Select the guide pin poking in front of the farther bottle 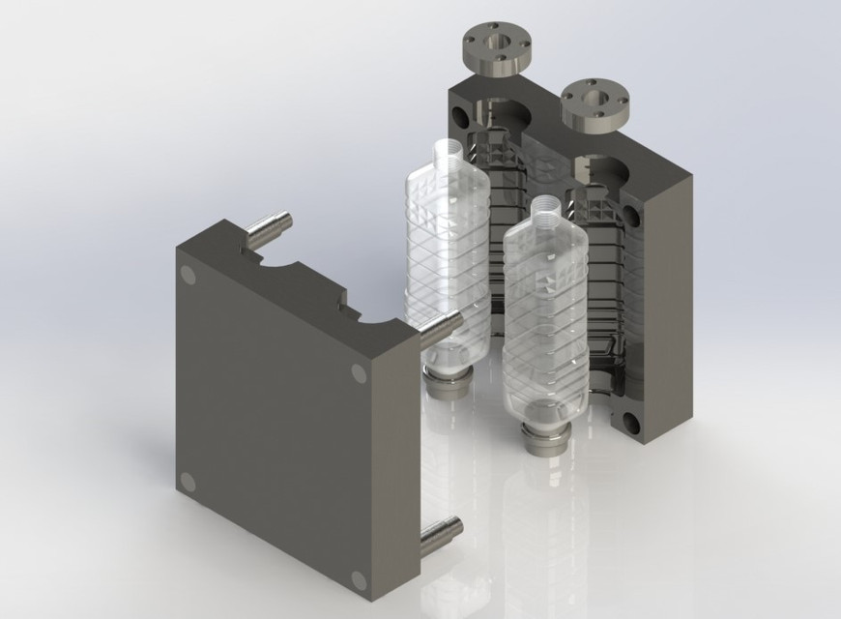pyautogui.click(x=441, y=330)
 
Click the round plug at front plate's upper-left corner pyautogui.click(x=188, y=276)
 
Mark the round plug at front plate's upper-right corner pyautogui.click(x=359, y=373)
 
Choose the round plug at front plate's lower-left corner pyautogui.click(x=188, y=481)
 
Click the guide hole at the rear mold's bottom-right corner pyautogui.click(x=633, y=423)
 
